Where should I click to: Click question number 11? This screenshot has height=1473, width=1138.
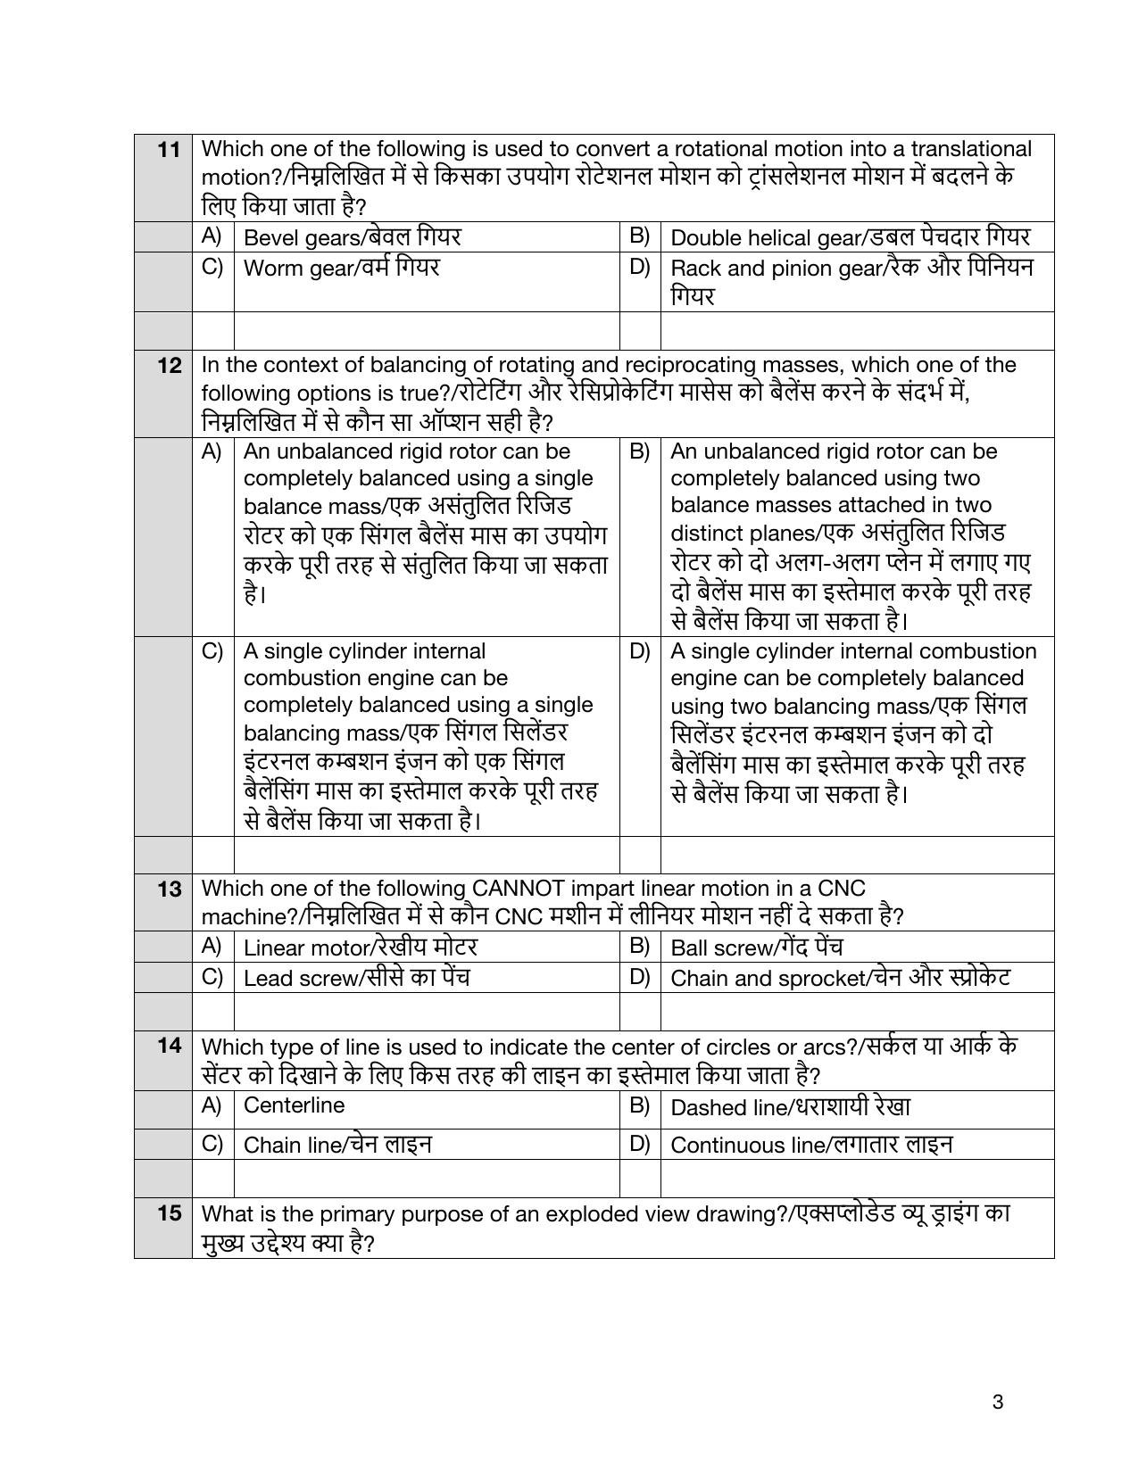pos(169,149)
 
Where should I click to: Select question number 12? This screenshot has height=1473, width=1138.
pos(169,365)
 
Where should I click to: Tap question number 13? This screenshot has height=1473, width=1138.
pos(169,889)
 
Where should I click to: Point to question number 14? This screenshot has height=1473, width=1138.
pos(169,1045)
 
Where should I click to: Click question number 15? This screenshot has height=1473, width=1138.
pos(169,1212)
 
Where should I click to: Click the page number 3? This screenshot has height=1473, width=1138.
pos(997,1402)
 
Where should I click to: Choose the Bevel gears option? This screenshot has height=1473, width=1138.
pos(352,237)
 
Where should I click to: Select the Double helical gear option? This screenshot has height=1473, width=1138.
pos(849,237)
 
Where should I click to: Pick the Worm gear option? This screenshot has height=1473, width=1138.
pos(341,268)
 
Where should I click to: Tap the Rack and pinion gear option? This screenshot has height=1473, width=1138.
pos(851,269)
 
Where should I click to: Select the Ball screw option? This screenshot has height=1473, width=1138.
pos(756,947)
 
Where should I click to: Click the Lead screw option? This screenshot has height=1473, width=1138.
pos(356,978)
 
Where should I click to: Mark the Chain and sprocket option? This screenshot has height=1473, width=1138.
pos(839,978)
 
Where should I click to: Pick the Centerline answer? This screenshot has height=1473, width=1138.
pos(294,1105)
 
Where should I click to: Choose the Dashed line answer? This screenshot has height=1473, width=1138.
pos(790,1107)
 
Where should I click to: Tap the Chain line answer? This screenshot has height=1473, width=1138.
pos(337,1145)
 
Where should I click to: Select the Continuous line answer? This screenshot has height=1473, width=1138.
pos(810,1145)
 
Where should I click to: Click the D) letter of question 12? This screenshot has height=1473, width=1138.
pos(639,651)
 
